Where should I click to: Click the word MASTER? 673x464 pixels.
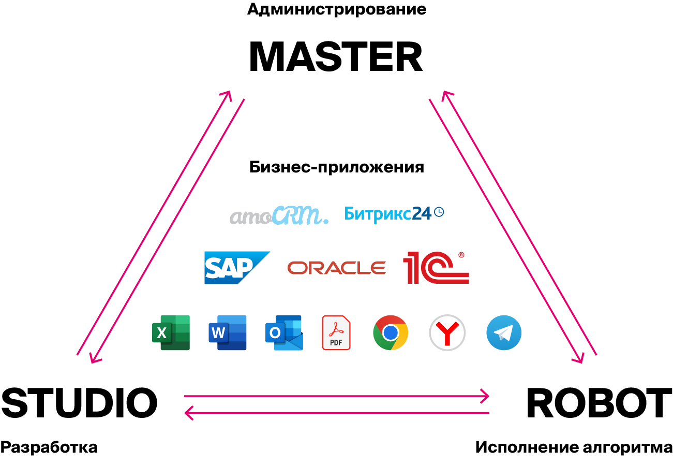[x=336, y=56]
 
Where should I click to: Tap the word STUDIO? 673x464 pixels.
[x=79, y=403]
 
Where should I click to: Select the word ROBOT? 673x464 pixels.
[x=600, y=403]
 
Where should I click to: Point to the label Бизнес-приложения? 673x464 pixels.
[x=336, y=167]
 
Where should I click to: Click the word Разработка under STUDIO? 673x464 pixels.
[x=49, y=447]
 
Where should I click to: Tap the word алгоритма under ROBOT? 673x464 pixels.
[x=627, y=447]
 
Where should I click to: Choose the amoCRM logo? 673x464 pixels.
[x=279, y=215]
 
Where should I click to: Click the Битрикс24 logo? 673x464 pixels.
[x=394, y=214]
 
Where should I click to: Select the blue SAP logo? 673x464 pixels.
[x=237, y=268]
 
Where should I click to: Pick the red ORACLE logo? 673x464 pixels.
[x=336, y=268]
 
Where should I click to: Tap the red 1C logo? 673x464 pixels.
[x=436, y=267]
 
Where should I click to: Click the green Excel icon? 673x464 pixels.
[x=171, y=332]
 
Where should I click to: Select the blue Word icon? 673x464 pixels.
[x=228, y=332]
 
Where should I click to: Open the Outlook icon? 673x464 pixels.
[x=284, y=332]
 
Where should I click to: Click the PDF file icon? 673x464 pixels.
[x=336, y=332]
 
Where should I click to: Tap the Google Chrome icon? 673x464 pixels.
[x=391, y=332]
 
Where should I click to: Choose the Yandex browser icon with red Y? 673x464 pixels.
[x=447, y=332]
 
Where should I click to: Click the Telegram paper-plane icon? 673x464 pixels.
[x=504, y=332]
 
